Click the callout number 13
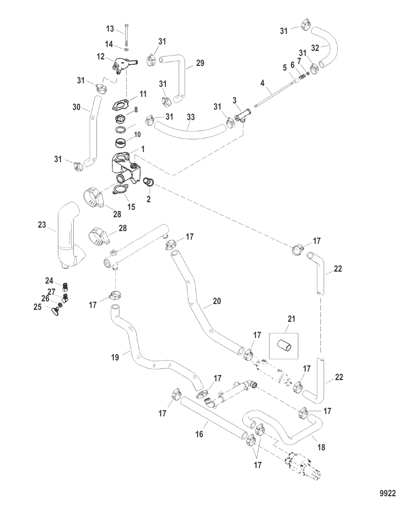click(110, 29)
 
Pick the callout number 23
click(42, 225)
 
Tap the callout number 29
click(200, 63)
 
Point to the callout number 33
click(190, 117)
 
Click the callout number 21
click(291, 319)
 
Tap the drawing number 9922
click(388, 493)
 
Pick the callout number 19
click(115, 357)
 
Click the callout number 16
click(199, 434)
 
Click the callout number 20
click(217, 301)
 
